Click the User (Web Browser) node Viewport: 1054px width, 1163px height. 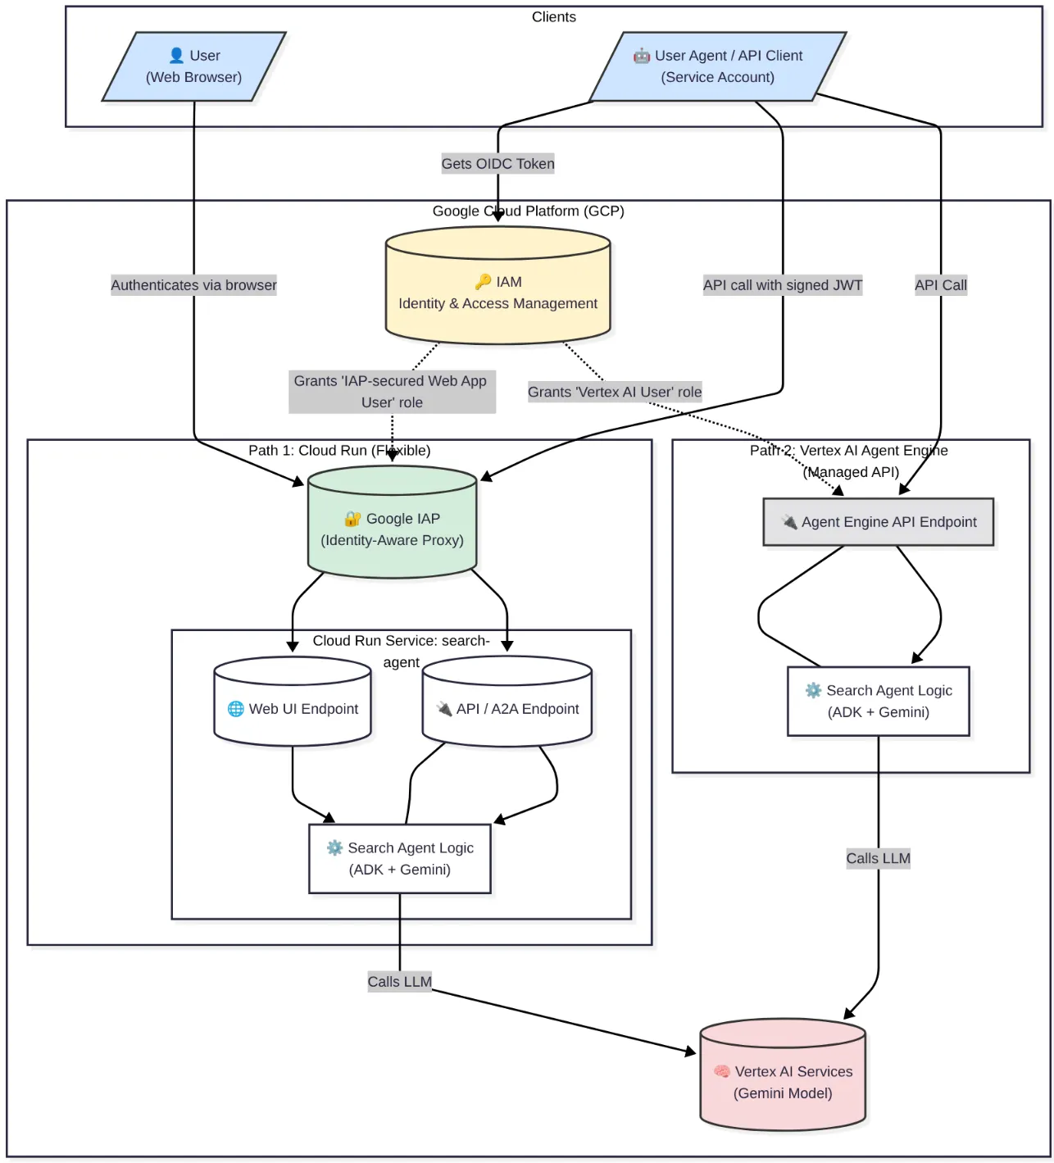pos(193,66)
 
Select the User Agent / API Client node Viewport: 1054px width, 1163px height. pos(718,66)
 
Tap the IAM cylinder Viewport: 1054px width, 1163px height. pos(498,285)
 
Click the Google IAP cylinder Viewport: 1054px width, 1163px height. pos(392,522)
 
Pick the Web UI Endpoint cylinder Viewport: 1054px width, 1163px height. pos(293,702)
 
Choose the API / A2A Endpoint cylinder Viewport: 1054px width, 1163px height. pos(507,702)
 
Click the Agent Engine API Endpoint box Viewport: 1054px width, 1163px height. pos(879,522)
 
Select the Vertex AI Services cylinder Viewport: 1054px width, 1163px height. pos(783,1074)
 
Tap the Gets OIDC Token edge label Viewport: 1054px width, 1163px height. pos(498,164)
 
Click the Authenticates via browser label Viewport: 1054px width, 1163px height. pos(193,285)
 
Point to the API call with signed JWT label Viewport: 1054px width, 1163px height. pos(783,285)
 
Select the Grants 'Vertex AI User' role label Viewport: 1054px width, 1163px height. pos(615,392)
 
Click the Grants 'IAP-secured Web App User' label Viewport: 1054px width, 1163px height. pos(392,392)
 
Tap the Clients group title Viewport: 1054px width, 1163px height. pos(554,17)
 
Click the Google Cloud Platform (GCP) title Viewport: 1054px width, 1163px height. pos(528,211)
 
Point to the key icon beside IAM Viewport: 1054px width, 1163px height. pos(483,282)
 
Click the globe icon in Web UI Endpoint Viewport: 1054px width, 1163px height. pos(235,708)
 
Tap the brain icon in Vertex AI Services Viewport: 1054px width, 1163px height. pos(722,1071)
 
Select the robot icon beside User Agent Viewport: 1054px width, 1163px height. pos(641,56)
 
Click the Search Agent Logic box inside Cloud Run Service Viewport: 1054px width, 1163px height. pos(399,859)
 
